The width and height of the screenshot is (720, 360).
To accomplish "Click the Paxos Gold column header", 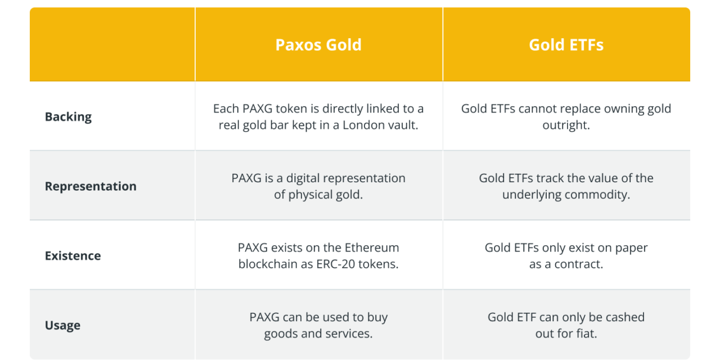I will click(318, 45).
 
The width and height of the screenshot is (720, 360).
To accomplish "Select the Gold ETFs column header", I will click(566, 45).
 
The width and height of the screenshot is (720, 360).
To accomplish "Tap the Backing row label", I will click(68, 117).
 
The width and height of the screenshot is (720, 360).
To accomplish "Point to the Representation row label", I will click(91, 186).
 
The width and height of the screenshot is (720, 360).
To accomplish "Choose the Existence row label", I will click(73, 256).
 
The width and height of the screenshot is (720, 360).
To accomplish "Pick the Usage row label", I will click(62, 325).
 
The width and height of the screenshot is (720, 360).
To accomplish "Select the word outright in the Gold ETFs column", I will click(566, 125).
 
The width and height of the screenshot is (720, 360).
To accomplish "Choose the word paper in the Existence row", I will click(631, 247).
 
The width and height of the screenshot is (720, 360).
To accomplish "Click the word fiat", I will click(585, 334).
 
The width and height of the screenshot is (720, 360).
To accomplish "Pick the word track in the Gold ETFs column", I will click(539, 178).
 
